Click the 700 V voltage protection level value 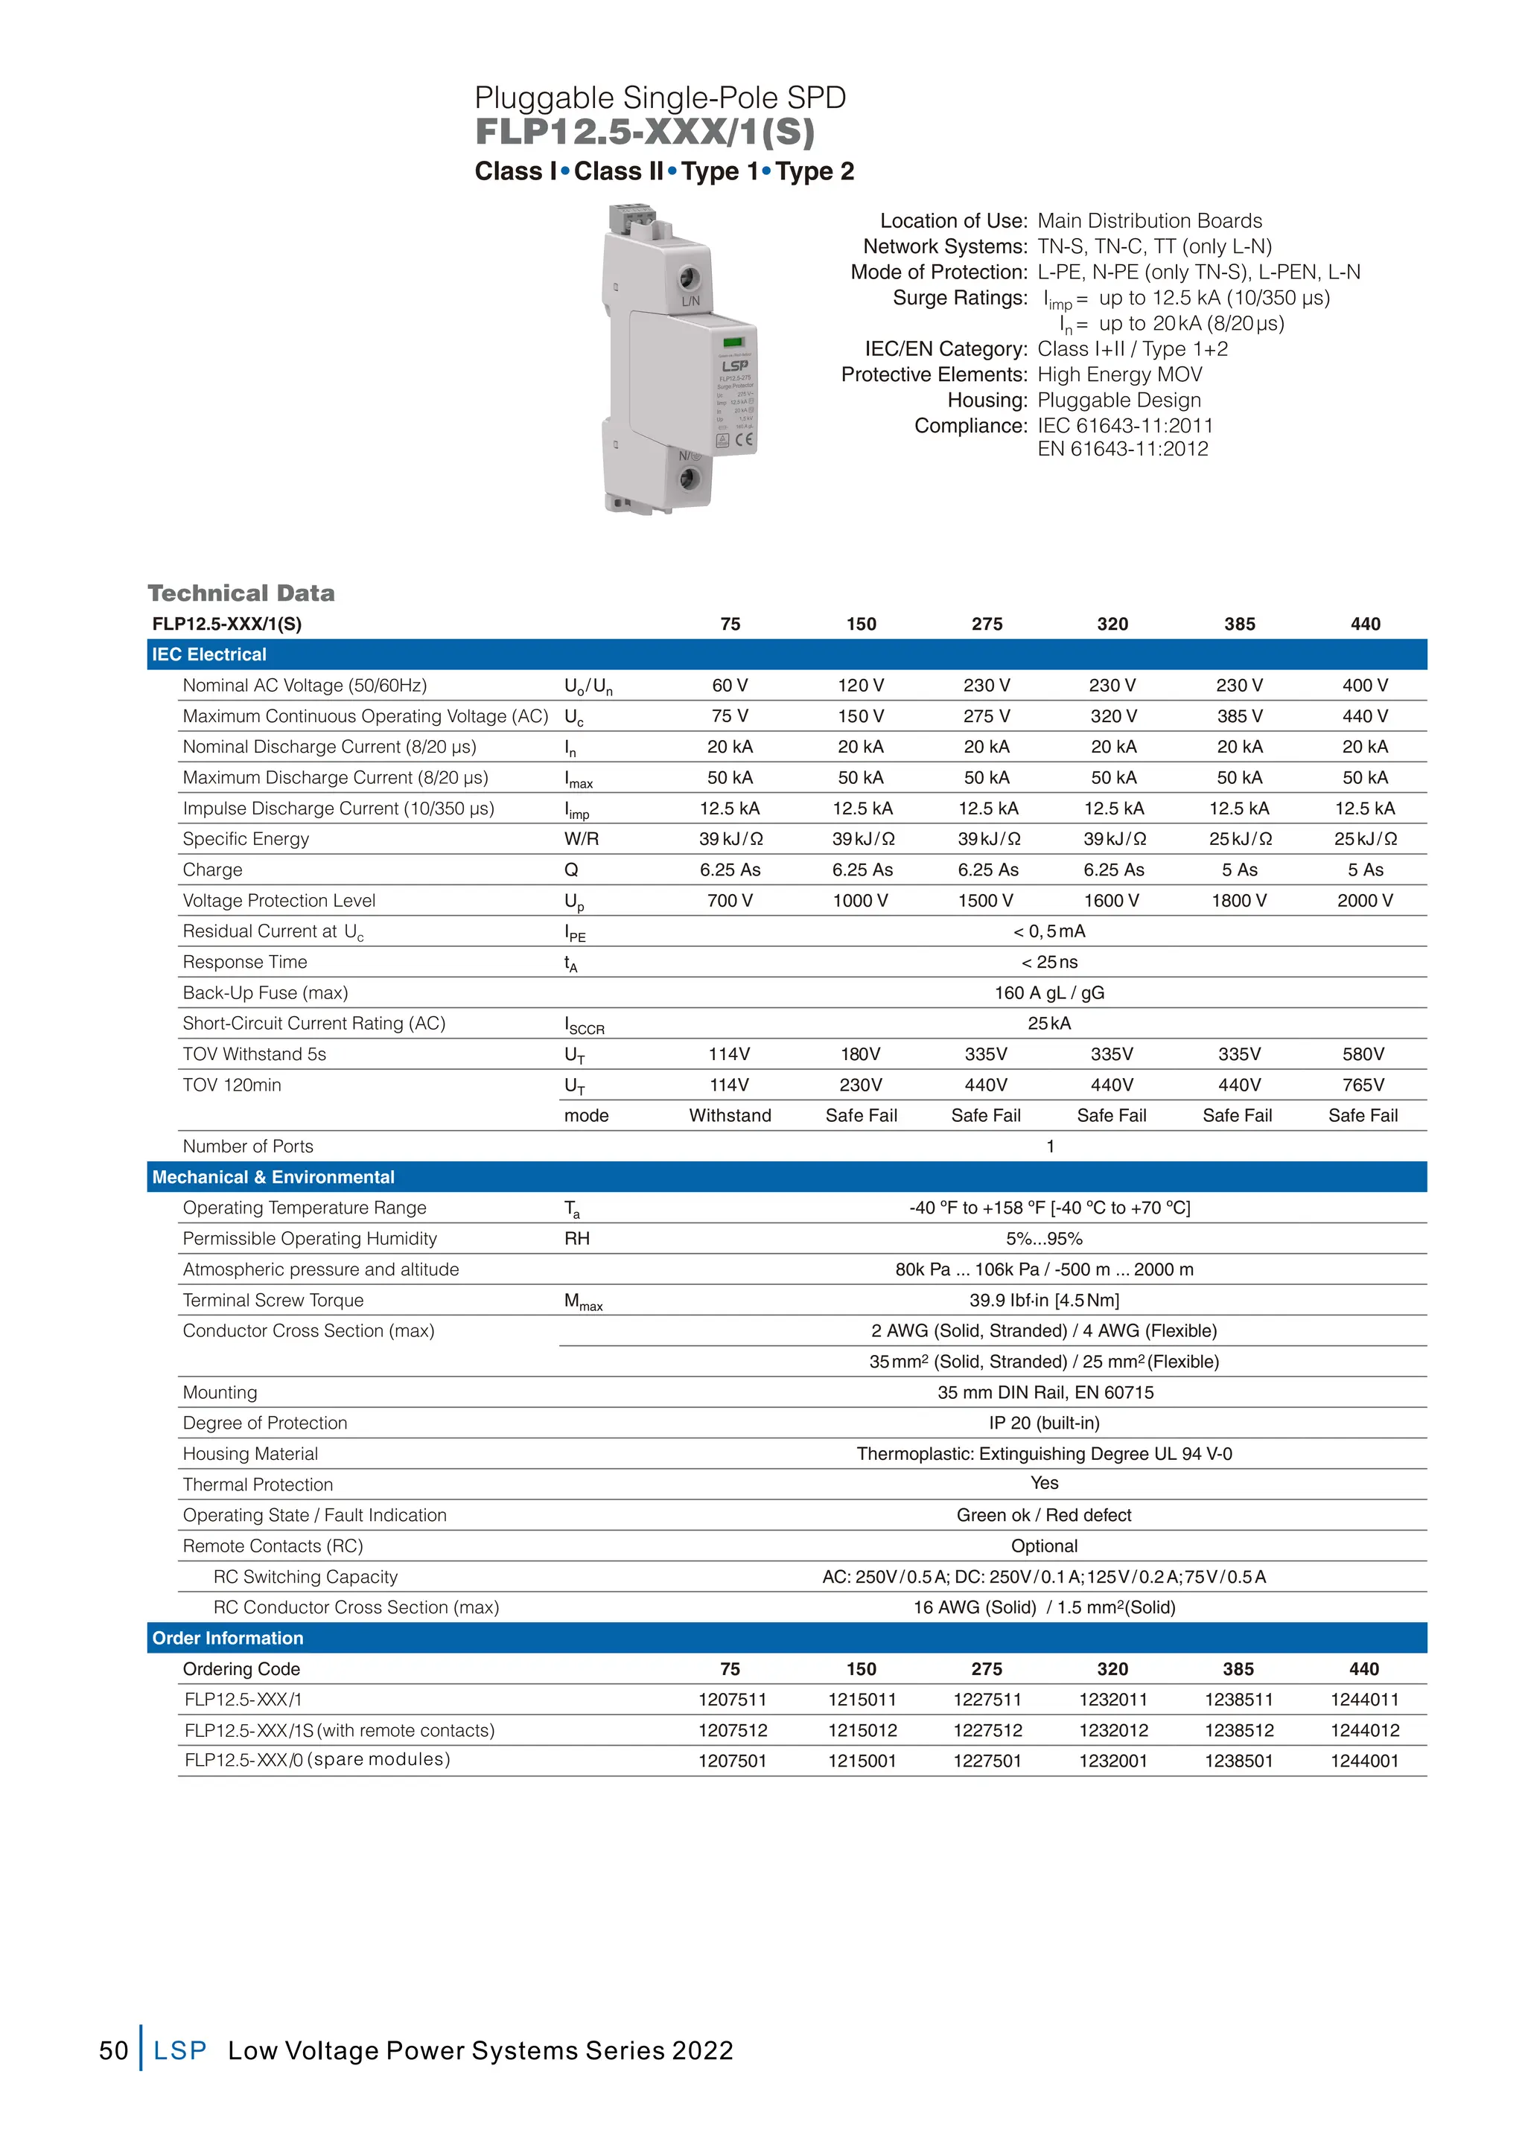[x=730, y=901]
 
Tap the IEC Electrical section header [x=209, y=654]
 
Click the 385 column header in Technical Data [x=1238, y=624]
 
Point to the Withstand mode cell [x=730, y=1115]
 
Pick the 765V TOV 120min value [x=1363, y=1085]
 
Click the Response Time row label [x=245, y=962]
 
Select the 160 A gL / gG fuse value [x=1049, y=992]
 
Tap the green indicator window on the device [x=733, y=342]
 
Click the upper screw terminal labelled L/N [x=690, y=278]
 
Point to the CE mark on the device [x=744, y=439]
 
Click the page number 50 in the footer [x=114, y=2050]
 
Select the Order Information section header [x=228, y=1638]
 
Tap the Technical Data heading [x=241, y=593]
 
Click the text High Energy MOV [x=1119, y=374]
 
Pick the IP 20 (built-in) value [x=1043, y=1423]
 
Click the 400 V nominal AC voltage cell [x=1364, y=686]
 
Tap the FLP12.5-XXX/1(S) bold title [x=644, y=133]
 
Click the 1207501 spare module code [x=731, y=1761]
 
